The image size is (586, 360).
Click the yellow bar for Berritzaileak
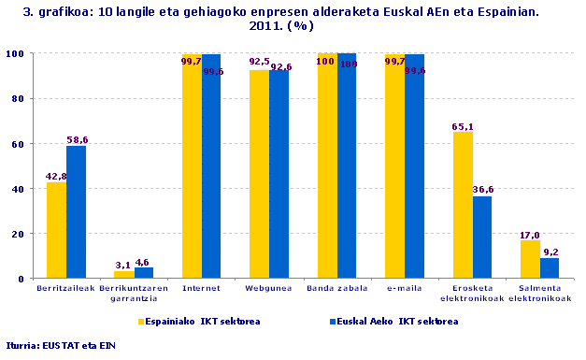pos(56,230)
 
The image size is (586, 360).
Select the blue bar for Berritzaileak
pos(76,212)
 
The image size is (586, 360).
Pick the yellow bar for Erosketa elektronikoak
pos(463,205)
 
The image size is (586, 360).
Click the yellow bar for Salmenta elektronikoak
pos(530,259)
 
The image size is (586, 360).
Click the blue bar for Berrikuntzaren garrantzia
pos(144,272)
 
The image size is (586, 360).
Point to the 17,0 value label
pos(530,235)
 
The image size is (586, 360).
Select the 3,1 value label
pos(123,265)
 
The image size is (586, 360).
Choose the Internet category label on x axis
pos(201,289)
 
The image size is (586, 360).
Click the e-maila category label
pos(404,289)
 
